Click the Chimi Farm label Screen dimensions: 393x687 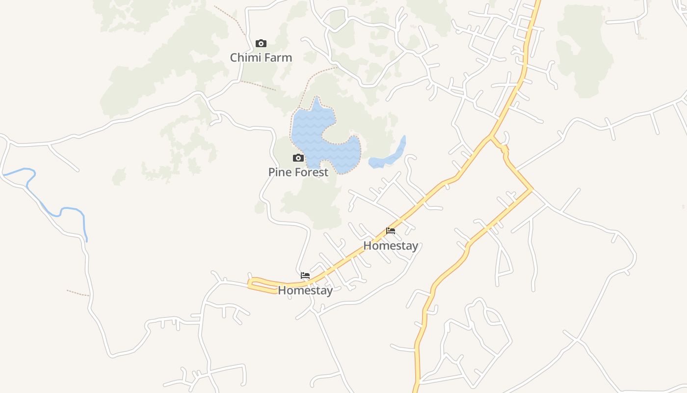(x=261, y=57)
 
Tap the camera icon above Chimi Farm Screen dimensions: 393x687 (x=261, y=44)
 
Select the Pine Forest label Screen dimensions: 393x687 (x=298, y=172)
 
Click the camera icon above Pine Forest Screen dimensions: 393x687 (x=298, y=158)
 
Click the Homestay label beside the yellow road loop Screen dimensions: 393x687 (x=305, y=290)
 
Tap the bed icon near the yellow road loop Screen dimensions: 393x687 (x=305, y=276)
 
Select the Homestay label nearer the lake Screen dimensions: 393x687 (x=391, y=246)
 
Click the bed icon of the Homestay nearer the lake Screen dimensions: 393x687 (x=391, y=231)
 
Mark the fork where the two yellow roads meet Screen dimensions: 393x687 (x=491, y=137)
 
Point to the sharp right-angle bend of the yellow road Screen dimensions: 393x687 (x=531, y=189)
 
